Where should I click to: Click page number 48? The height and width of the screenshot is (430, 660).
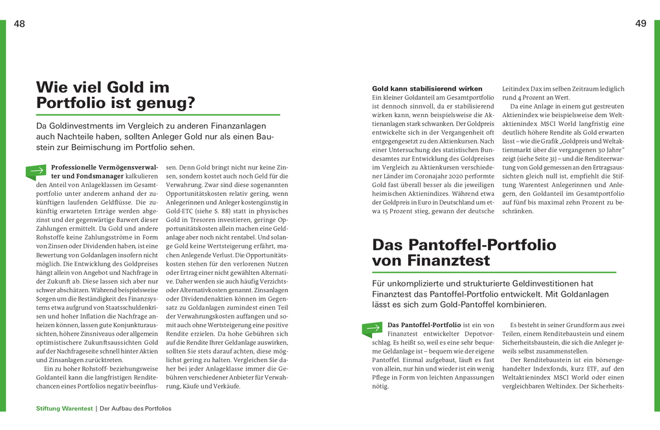(19, 24)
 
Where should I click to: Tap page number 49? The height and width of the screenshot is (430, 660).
(641, 24)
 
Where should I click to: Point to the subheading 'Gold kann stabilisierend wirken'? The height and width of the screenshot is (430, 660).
(427, 89)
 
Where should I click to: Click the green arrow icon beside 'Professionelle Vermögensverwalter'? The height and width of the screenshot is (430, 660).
(36, 171)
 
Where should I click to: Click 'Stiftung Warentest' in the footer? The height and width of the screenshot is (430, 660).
(64, 409)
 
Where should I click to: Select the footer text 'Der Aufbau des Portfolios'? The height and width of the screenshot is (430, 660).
(135, 409)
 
